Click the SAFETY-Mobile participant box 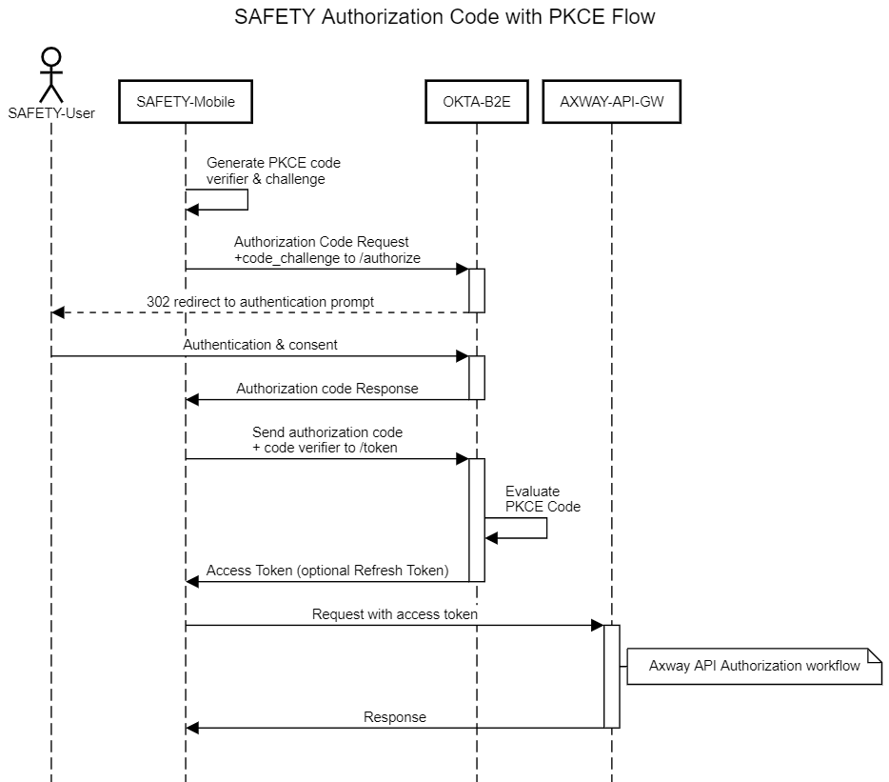point(186,102)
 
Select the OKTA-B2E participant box point(477,102)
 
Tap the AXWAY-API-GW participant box point(612,102)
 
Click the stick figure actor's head point(51,57)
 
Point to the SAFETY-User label point(51,113)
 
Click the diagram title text point(444,17)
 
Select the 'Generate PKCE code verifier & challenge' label point(273,170)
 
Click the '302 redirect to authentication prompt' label point(260,302)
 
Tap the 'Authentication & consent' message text point(260,345)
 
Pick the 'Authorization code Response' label point(327,389)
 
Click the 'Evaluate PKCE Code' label point(543,499)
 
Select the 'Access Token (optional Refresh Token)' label point(327,571)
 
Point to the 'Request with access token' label point(395,614)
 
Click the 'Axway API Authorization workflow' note point(754,666)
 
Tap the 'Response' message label point(395,717)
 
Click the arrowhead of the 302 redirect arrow point(58,312)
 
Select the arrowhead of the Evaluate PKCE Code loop point(491,538)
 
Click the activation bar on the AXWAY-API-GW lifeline point(612,676)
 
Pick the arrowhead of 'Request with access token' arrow point(597,626)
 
